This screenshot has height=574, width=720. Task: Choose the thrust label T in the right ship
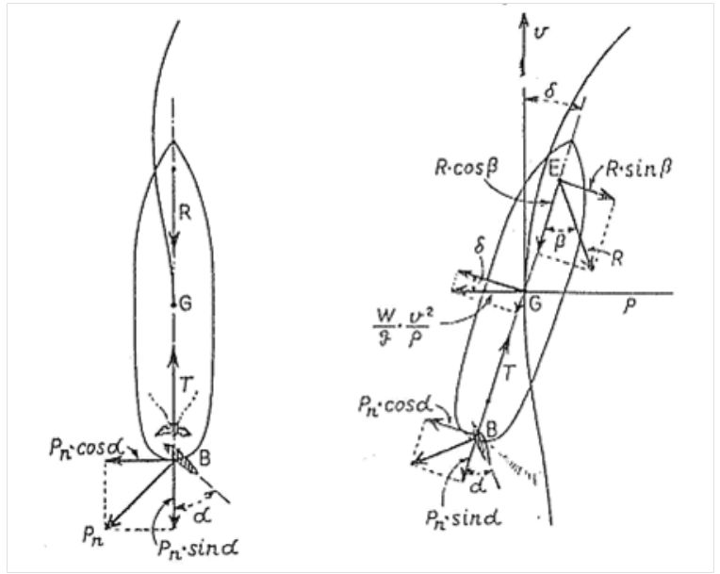(x=506, y=374)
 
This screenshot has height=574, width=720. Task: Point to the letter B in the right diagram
(x=491, y=430)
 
